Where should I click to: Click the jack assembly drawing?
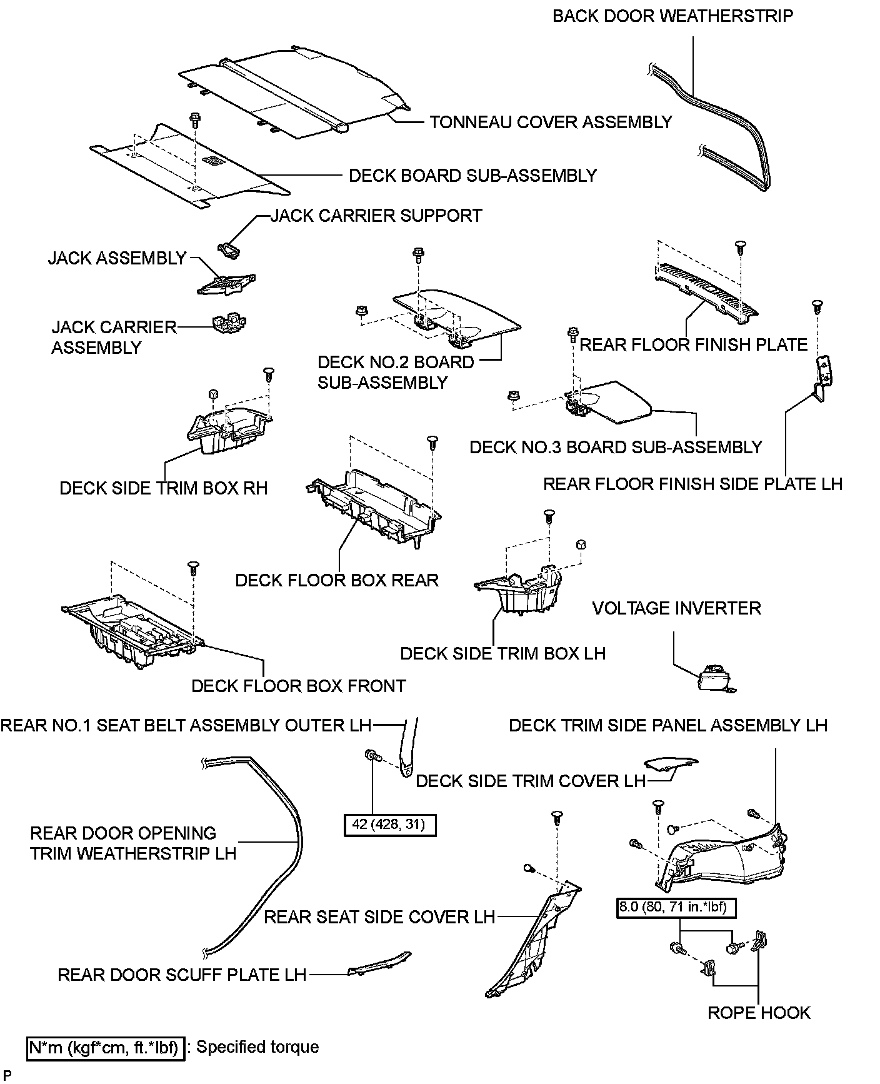[x=226, y=284]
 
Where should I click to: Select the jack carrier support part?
[x=229, y=250]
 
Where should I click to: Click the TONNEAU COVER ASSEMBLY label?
[x=551, y=122]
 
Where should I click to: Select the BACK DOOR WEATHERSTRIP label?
[x=672, y=16]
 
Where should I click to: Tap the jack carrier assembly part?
[x=229, y=323]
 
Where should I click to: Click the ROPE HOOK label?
[x=759, y=1013]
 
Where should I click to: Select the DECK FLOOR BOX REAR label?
[x=337, y=580]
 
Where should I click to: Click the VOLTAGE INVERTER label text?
[x=676, y=608]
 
